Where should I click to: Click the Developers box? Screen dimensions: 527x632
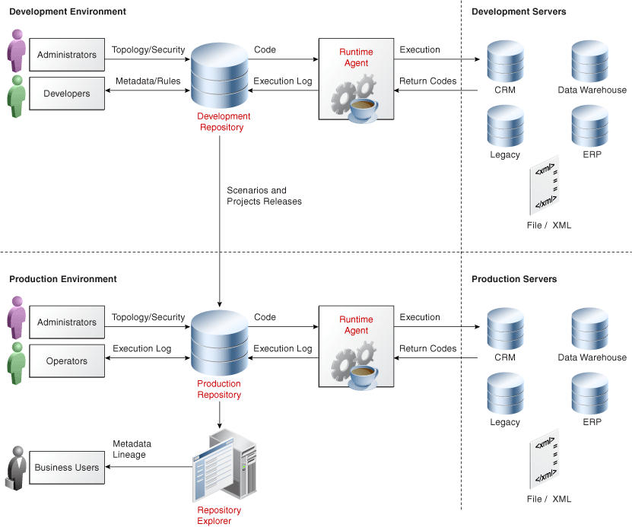point(67,94)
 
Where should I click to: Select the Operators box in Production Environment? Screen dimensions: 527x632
point(67,361)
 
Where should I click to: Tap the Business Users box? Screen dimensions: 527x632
point(67,467)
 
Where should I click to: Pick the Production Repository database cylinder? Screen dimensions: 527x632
point(220,343)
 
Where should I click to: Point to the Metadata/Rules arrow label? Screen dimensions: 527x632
point(148,81)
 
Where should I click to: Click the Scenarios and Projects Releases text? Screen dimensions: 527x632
point(264,196)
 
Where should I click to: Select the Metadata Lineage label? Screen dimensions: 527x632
point(132,449)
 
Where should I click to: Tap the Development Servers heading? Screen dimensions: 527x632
point(519,12)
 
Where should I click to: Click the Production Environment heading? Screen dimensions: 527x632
point(63,279)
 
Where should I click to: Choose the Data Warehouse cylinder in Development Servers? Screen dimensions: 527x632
point(590,61)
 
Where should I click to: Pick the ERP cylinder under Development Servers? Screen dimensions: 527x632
point(590,125)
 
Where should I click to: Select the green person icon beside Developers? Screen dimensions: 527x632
point(16,95)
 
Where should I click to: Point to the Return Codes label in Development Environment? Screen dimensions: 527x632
point(427,81)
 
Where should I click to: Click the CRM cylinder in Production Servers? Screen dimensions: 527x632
point(505,328)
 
